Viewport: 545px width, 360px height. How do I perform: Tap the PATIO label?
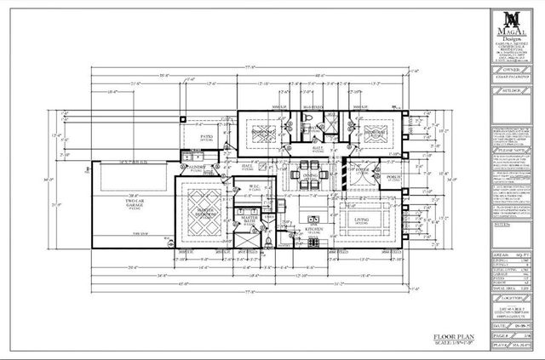206,136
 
